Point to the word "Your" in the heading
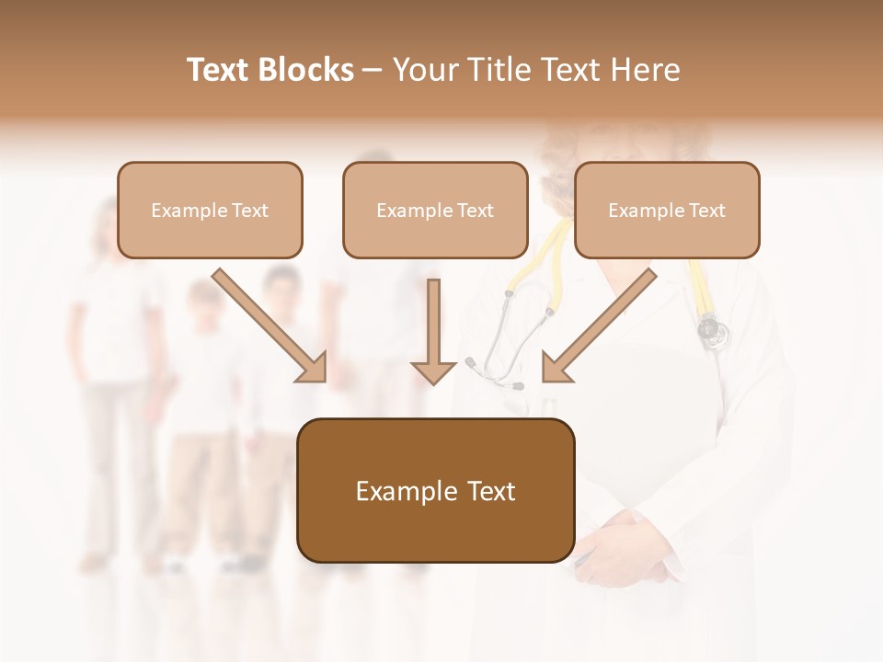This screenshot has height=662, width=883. click(427, 70)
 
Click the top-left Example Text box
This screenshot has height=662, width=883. click(210, 210)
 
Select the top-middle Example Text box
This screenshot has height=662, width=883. click(435, 210)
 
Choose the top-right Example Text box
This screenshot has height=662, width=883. click(667, 210)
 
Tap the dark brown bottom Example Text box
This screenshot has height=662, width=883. click(435, 490)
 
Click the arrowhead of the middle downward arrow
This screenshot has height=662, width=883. click(433, 371)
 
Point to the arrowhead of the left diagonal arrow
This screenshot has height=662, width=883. click(312, 367)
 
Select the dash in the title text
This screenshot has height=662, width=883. click(373, 71)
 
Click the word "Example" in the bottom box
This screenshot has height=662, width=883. click(404, 491)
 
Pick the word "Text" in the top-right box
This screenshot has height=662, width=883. click(705, 211)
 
